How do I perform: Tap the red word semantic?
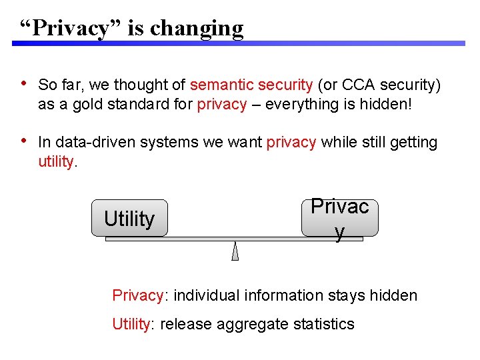pyautogui.click(x=215, y=85)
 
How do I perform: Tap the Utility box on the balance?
pyautogui.click(x=129, y=219)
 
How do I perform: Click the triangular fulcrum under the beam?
pyautogui.click(x=235, y=251)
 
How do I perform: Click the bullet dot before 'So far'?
pyautogui.click(x=24, y=83)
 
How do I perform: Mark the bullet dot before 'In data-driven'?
pyautogui.click(x=24, y=141)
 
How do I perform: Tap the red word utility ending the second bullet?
pyautogui.click(x=56, y=163)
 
